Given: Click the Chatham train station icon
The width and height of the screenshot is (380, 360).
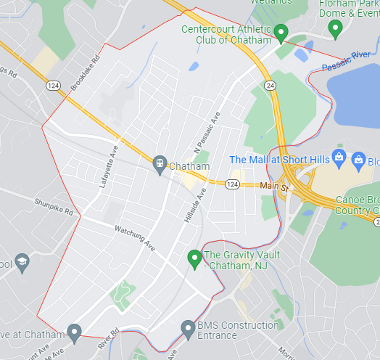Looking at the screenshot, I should (160, 165).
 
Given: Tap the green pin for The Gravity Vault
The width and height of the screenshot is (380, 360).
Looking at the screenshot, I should (194, 258).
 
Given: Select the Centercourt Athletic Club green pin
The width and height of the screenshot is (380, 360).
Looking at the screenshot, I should (282, 32).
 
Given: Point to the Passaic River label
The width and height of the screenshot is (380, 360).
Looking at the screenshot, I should (347, 61).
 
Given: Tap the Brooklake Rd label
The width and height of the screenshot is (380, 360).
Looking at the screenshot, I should (86, 73).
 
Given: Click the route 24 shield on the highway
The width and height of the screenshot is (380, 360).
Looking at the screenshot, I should (270, 86).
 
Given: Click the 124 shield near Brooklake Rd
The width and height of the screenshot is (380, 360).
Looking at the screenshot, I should (53, 86).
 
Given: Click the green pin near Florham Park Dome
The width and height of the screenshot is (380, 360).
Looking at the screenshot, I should (335, 28).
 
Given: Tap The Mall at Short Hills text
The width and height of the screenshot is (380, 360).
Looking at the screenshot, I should (278, 160).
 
